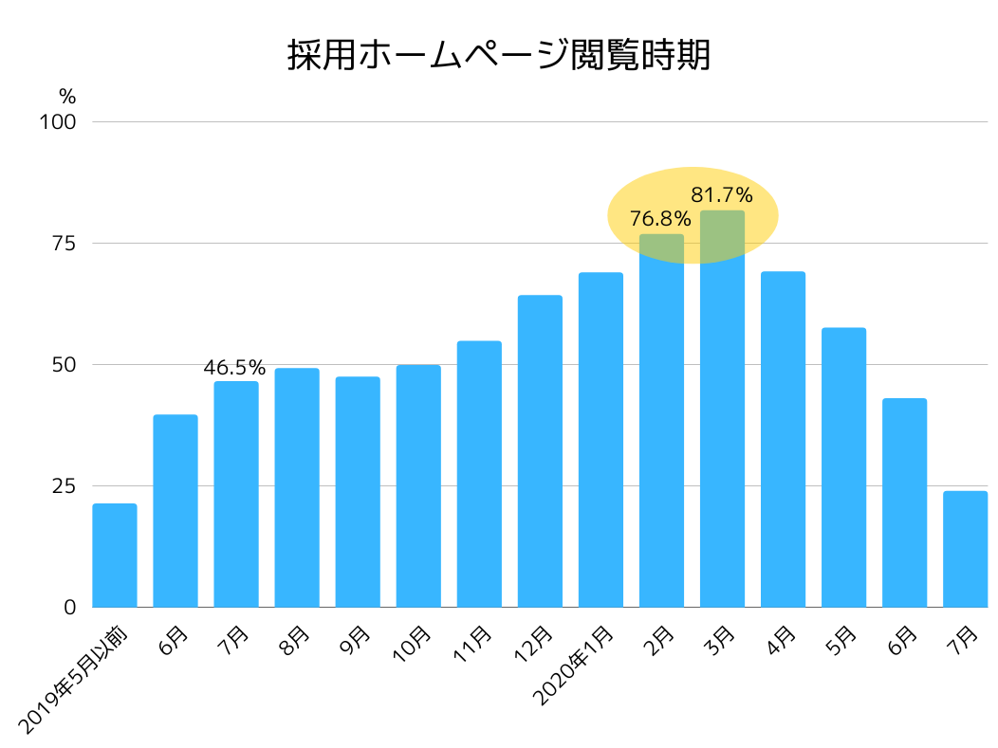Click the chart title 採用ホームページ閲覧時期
tap(498, 56)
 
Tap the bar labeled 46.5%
tap(236, 493)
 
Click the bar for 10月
tap(418, 485)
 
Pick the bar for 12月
tap(540, 450)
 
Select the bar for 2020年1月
tap(601, 439)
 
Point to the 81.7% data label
tap(722, 196)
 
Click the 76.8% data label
tap(660, 220)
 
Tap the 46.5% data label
tap(234, 368)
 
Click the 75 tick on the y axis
tap(63, 244)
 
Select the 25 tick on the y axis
tap(63, 486)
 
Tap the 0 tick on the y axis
tap(69, 608)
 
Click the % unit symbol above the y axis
tap(66, 96)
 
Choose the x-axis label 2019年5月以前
tap(72, 677)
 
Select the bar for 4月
tap(783, 439)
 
